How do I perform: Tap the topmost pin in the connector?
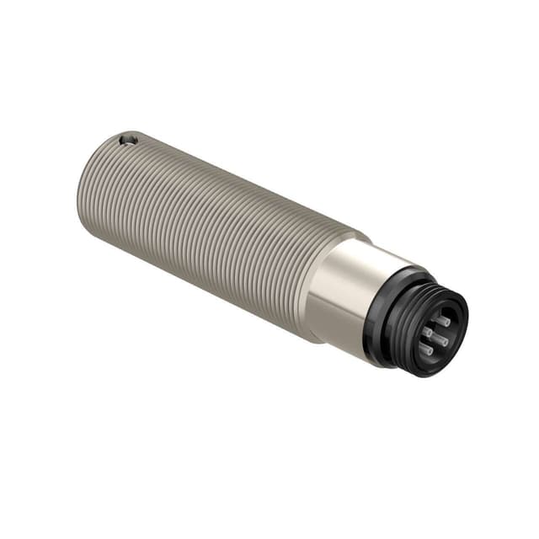441,321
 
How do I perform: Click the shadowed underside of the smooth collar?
324,324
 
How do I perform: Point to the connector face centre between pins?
434,334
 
